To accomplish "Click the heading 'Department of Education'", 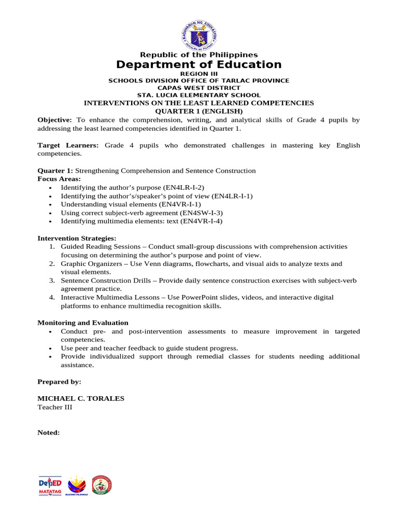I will tap(198, 65).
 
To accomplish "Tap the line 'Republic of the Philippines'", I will tap(198, 55).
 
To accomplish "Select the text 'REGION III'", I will tap(198, 74).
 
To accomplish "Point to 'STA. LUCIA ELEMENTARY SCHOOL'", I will tap(198, 95).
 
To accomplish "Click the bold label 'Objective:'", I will tap(54, 120).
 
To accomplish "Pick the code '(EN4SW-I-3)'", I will tap(201, 213).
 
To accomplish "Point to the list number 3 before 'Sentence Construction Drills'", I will tap(52, 281).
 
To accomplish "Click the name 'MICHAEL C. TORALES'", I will tap(81, 399).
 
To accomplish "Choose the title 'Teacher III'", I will tap(54, 408).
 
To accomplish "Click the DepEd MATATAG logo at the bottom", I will tap(50, 485).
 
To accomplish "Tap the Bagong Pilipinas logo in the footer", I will tap(77, 485).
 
